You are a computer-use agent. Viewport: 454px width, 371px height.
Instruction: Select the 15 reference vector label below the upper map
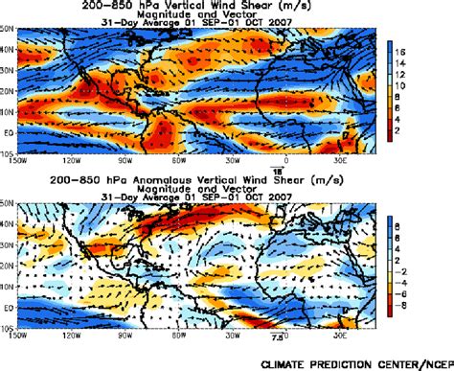tap(284, 165)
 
